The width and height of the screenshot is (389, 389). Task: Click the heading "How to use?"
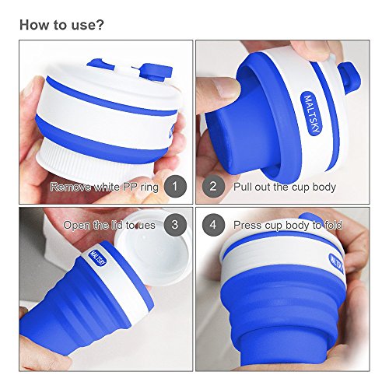click(x=61, y=25)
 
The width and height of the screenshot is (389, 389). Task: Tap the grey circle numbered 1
click(x=175, y=186)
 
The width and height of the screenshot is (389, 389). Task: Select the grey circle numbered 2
click(x=213, y=186)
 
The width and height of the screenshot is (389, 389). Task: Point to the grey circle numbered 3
click(x=175, y=225)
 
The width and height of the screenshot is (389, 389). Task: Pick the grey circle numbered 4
click(x=213, y=225)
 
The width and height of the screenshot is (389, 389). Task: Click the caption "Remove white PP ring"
click(x=104, y=187)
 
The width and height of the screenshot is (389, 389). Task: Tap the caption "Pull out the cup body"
click(x=285, y=187)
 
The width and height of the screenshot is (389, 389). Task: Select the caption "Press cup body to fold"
click(x=288, y=225)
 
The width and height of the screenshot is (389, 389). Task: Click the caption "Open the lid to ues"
click(x=109, y=225)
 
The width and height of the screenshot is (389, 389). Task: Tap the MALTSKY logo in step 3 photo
click(x=97, y=258)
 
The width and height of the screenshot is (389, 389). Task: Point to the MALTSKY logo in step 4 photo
click(x=337, y=263)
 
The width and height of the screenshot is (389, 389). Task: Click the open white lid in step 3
click(x=152, y=255)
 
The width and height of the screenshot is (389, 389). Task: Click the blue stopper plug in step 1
click(x=155, y=71)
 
